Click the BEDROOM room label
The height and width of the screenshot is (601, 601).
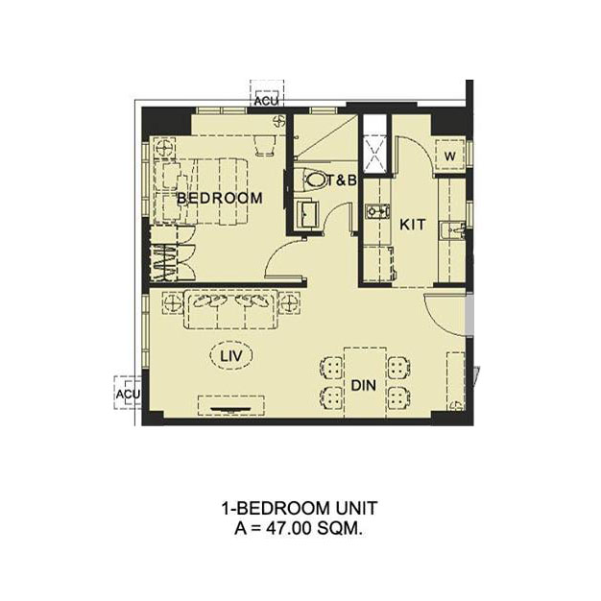pyautogui.click(x=220, y=198)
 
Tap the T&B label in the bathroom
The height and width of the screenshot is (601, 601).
pyautogui.click(x=342, y=180)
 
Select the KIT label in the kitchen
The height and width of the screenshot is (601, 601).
pyautogui.click(x=413, y=225)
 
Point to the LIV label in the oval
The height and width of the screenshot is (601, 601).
pyautogui.click(x=231, y=356)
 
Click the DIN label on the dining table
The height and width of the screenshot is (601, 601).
pyautogui.click(x=364, y=385)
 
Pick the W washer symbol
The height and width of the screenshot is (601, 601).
pyautogui.click(x=450, y=156)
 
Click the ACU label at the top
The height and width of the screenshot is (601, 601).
pyautogui.click(x=266, y=101)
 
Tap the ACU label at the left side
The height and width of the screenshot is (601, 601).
pyautogui.click(x=128, y=394)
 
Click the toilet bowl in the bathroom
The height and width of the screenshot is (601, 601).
pyautogui.click(x=314, y=180)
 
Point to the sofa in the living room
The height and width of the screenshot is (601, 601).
pyautogui.click(x=230, y=310)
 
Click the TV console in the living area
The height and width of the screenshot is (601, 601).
pyautogui.click(x=231, y=405)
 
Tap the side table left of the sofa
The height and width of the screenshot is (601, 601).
pyautogui.click(x=173, y=302)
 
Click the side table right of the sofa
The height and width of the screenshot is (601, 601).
pyautogui.click(x=289, y=302)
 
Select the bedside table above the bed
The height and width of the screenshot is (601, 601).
pyautogui.click(x=165, y=147)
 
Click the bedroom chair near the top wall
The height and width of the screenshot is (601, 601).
pyautogui.click(x=265, y=145)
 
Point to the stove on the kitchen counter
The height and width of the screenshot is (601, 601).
pyautogui.click(x=377, y=211)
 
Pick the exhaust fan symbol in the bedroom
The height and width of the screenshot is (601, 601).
pyautogui.click(x=279, y=122)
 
